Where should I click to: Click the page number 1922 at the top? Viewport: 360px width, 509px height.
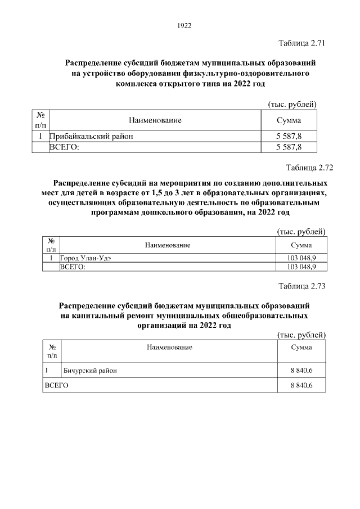[x=184, y=25]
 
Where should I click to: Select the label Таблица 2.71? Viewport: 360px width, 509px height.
[x=302, y=43]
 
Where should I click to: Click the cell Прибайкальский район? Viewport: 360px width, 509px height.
[x=91, y=136]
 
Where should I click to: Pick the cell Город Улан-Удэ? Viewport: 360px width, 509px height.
[x=86, y=258]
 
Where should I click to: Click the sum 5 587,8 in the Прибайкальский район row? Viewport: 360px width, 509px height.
[x=289, y=136]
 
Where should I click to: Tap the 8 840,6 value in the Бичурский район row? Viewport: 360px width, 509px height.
[x=301, y=370]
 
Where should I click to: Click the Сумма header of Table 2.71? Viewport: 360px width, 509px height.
[x=289, y=120]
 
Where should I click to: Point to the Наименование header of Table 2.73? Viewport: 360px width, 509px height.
[x=169, y=347]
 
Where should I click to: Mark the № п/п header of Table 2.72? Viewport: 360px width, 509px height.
[x=51, y=245]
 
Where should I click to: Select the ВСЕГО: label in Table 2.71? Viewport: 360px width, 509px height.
[x=65, y=147]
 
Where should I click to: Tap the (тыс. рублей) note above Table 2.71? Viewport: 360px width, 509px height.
[x=291, y=105]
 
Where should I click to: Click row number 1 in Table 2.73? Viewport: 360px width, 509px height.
[x=47, y=370]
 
